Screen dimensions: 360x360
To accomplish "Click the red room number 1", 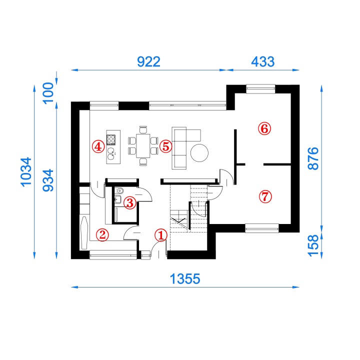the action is tap(160, 235).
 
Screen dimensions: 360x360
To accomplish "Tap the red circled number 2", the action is tap(102, 234).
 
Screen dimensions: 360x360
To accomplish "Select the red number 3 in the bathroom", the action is tap(129, 202).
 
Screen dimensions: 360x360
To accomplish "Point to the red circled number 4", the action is tap(98, 146).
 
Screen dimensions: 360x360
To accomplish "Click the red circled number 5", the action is tap(166, 146).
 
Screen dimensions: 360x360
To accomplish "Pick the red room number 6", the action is tap(264, 128).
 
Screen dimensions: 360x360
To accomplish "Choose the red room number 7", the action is tap(265, 197).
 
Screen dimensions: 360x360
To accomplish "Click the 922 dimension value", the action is tap(148, 62).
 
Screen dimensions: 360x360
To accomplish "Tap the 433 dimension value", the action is tap(262, 62).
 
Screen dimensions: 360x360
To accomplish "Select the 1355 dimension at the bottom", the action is tap(185, 279).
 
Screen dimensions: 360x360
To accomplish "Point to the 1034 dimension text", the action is tap(26, 171).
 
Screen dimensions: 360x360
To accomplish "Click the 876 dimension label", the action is tap(313, 158).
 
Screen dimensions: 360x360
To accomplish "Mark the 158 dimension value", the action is tap(313, 245).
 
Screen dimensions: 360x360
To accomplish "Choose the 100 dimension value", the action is tap(48, 93).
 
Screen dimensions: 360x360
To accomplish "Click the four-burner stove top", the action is tap(111, 139).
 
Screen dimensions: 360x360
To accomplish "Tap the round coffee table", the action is tap(199, 153).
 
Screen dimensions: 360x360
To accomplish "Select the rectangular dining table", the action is tap(143, 146).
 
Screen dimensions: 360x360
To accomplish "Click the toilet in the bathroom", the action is tap(119, 191).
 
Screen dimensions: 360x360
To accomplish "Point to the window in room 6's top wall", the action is tap(260, 89).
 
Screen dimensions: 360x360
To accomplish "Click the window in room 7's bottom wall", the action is tap(262, 228).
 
